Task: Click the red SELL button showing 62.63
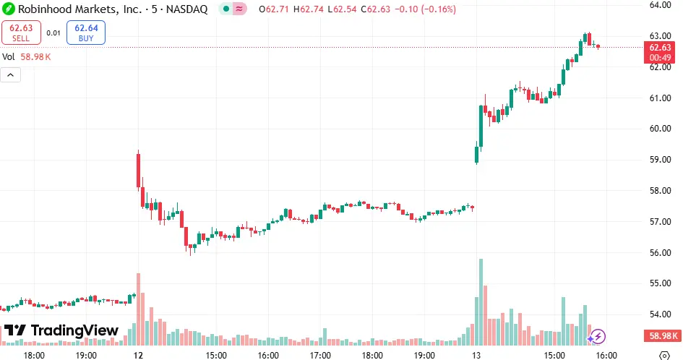point(22,33)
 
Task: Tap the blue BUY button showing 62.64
point(86,33)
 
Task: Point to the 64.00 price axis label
point(661,4)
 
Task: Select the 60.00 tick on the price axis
point(661,129)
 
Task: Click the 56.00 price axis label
point(661,252)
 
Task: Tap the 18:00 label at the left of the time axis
point(34,355)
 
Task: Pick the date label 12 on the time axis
point(138,355)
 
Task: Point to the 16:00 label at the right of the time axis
point(606,355)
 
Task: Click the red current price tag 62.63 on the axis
point(661,47)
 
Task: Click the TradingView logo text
point(61,330)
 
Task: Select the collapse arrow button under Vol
point(11,74)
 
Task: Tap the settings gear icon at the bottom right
point(664,355)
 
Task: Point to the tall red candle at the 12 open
point(138,171)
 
